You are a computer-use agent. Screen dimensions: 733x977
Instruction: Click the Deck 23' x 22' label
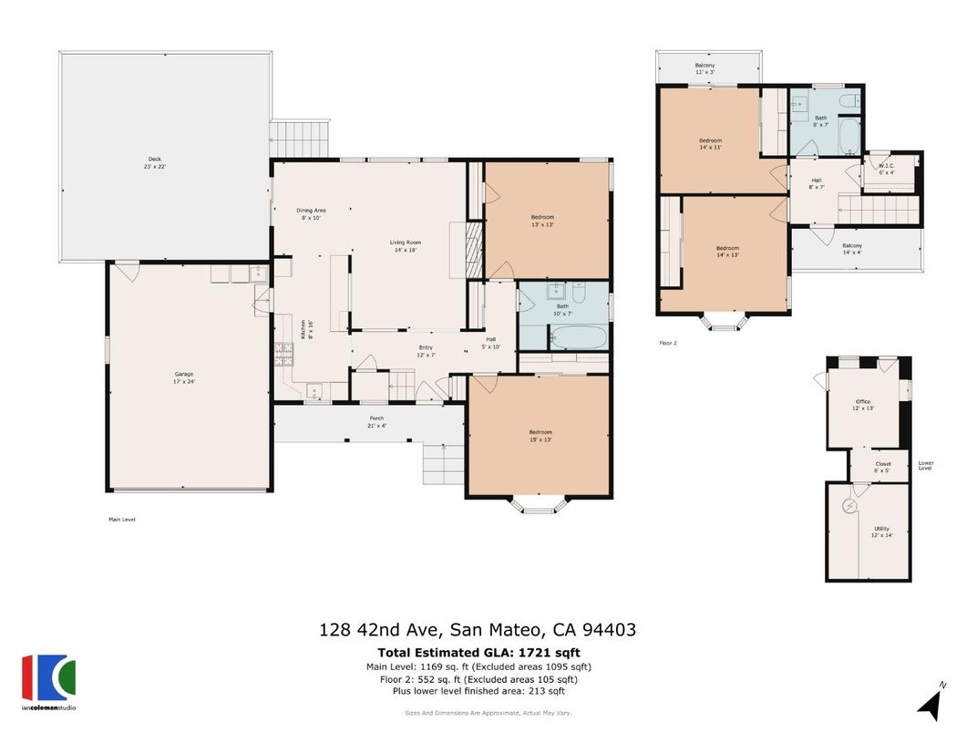[x=155, y=163]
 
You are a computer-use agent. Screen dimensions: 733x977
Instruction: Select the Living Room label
[x=405, y=246]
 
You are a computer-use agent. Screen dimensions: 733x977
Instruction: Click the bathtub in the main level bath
[x=578, y=338]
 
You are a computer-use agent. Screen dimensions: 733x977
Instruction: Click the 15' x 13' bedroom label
[x=540, y=436]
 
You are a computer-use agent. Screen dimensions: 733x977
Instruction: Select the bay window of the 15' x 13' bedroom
[x=540, y=504]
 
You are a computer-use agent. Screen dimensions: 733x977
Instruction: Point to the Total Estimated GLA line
[x=478, y=653]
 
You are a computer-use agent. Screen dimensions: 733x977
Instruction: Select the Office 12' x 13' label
[x=862, y=405]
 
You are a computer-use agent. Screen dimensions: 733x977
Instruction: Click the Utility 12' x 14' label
[x=881, y=532]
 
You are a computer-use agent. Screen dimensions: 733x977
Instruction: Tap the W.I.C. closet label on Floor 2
[x=886, y=169]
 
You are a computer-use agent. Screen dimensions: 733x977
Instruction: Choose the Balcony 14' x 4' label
[x=851, y=249]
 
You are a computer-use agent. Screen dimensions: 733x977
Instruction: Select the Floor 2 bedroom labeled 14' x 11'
[x=710, y=144]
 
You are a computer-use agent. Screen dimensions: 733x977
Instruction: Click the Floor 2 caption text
[x=669, y=344]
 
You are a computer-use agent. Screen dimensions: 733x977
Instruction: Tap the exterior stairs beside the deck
[x=300, y=138]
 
